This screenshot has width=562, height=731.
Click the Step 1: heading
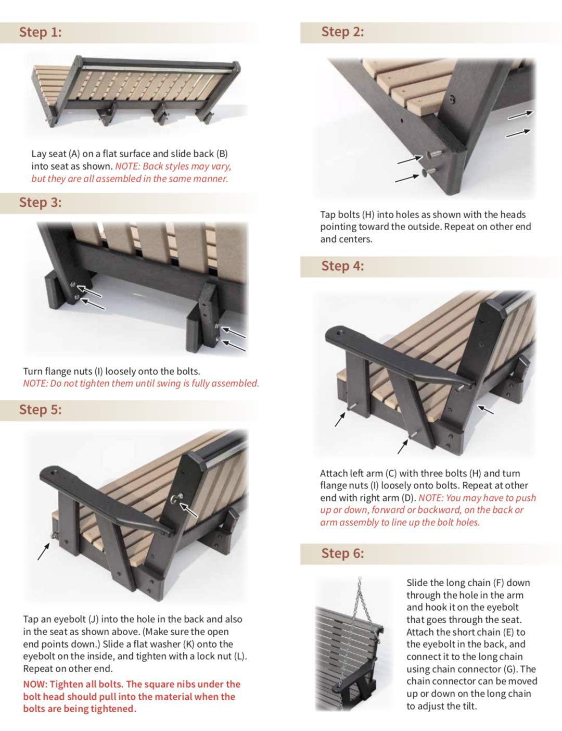click(x=41, y=32)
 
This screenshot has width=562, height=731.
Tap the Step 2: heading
click(x=342, y=32)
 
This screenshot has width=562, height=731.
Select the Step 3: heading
click(x=41, y=203)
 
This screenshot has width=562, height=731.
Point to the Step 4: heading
click(x=342, y=266)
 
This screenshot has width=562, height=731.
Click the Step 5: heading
click(x=41, y=410)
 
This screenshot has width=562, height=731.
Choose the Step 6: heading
click(x=342, y=553)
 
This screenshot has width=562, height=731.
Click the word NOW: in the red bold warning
click(x=35, y=684)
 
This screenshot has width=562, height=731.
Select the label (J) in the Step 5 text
click(x=93, y=619)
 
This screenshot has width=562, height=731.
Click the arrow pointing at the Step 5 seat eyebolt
click(x=43, y=552)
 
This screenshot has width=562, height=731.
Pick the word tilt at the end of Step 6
click(x=469, y=706)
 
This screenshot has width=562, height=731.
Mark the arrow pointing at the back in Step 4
click(x=486, y=410)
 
